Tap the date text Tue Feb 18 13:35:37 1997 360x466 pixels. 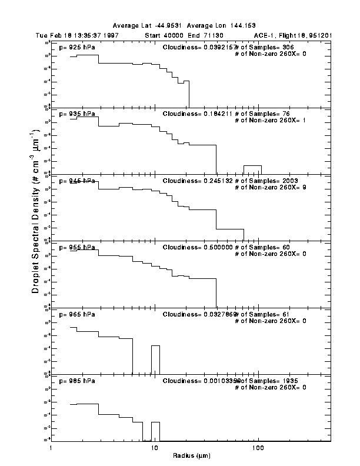tap(80, 35)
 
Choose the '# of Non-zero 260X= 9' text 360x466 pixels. tap(270, 187)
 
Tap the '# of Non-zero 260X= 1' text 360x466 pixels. tap(270, 120)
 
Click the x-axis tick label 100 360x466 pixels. tap(258, 448)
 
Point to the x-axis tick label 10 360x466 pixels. tap(154, 448)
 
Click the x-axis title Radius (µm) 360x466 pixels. tap(191, 456)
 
